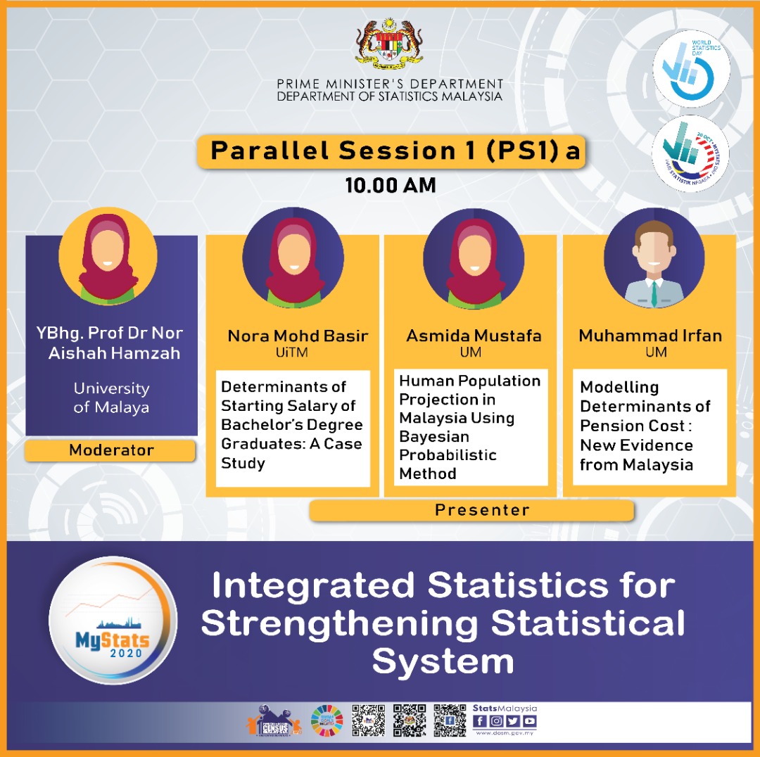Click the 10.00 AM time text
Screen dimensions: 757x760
click(x=391, y=185)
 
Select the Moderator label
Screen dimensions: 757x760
click(x=110, y=450)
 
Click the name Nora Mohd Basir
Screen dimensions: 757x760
click(x=298, y=336)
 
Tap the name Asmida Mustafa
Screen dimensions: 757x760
click(x=474, y=336)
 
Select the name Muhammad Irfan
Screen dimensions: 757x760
click(x=650, y=336)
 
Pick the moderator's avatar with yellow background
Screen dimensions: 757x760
click(x=108, y=257)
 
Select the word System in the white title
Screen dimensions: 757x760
click(x=443, y=661)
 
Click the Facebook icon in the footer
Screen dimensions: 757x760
click(x=480, y=721)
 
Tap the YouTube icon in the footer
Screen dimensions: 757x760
click(x=529, y=721)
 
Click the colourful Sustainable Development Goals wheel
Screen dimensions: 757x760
click(x=327, y=721)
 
